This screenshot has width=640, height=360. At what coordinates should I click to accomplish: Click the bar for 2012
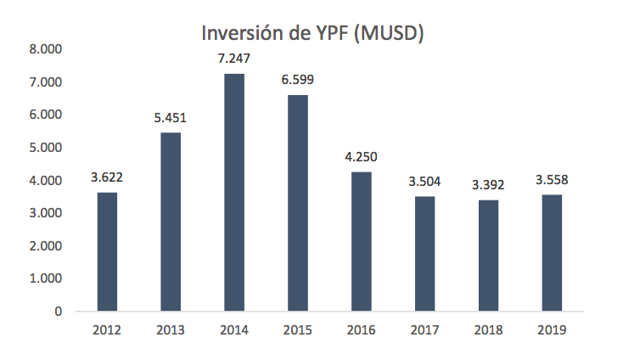(107, 251)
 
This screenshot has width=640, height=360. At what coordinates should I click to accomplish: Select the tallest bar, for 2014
(234, 192)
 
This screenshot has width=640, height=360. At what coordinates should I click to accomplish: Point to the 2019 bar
(552, 252)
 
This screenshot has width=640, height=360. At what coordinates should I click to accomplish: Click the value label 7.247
(234, 60)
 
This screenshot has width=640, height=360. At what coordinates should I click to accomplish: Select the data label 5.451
(171, 119)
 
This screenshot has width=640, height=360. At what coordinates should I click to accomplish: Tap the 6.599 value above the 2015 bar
(298, 82)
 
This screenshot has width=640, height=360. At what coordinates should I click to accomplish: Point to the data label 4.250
(361, 158)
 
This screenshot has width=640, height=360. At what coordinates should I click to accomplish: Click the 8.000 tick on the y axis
(46, 49)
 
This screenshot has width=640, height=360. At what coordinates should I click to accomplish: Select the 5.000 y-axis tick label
(46, 148)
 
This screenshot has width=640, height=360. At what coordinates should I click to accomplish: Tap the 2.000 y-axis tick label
(46, 246)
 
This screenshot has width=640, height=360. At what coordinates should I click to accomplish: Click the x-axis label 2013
(171, 329)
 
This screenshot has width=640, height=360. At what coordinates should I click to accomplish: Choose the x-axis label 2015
(298, 329)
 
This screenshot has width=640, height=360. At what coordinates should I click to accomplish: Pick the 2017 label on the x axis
(424, 329)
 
